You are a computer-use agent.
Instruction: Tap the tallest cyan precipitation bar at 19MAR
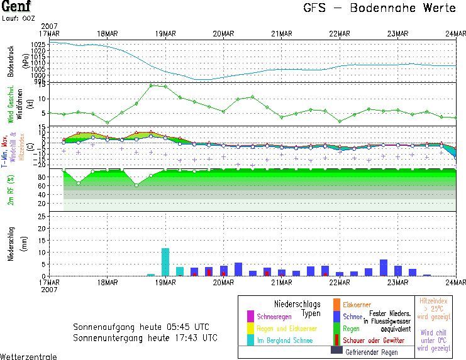(x=165, y=262)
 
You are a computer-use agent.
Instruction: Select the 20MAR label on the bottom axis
(x=223, y=281)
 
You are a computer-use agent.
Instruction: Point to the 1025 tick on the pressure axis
(x=38, y=45)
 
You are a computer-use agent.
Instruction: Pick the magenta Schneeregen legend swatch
(x=251, y=315)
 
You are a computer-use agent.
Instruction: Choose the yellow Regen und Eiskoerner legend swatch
(x=251, y=328)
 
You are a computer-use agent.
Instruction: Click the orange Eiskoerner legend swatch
(x=336, y=305)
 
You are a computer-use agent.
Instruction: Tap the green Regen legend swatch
(x=336, y=328)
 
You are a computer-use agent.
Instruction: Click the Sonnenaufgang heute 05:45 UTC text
(x=141, y=327)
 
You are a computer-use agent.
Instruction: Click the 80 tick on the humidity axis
(x=41, y=177)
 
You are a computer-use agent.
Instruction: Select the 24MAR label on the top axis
(x=455, y=33)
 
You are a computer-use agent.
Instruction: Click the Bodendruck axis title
(x=11, y=61)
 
